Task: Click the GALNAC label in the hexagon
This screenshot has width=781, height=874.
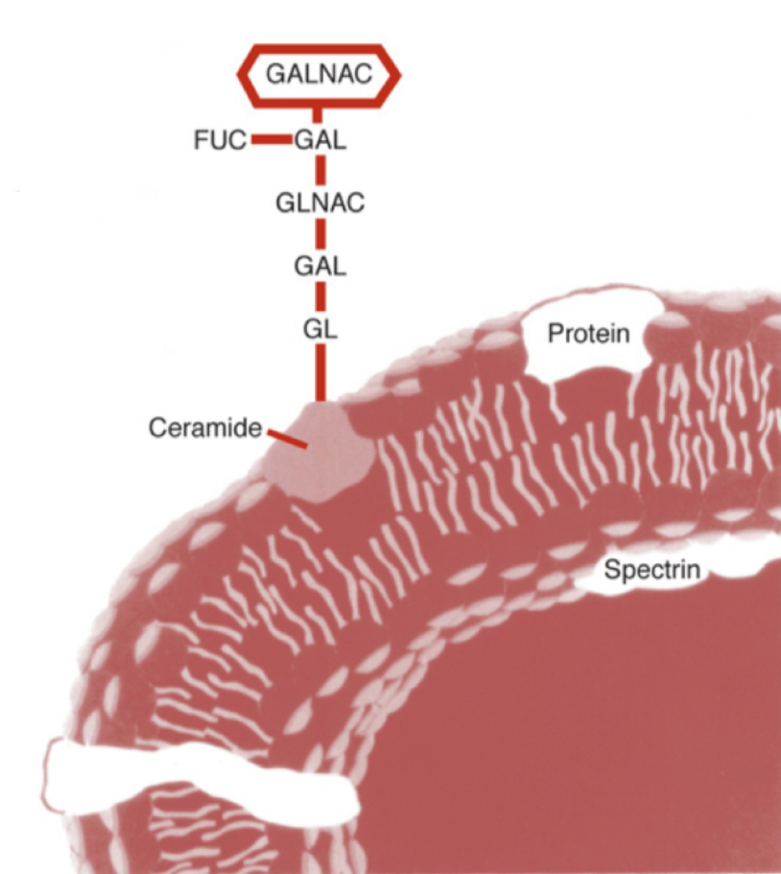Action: tap(319, 75)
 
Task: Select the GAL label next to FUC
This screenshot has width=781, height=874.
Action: tap(320, 140)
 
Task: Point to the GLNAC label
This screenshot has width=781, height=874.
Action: tap(319, 202)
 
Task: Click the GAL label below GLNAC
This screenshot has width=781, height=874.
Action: tap(320, 264)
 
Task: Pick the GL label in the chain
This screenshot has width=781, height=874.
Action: tap(320, 327)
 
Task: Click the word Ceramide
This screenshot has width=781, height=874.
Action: tap(204, 428)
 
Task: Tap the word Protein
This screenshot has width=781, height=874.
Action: tap(588, 334)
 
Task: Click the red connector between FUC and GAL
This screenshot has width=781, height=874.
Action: tap(272, 140)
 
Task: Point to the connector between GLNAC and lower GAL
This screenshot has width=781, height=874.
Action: tap(320, 233)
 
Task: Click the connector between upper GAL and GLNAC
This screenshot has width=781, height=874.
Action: tap(320, 171)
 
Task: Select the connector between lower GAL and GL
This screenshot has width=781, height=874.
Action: tap(320, 295)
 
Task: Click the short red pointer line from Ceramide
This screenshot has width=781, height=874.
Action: tap(287, 439)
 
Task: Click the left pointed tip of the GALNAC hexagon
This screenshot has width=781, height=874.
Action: tap(241, 75)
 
